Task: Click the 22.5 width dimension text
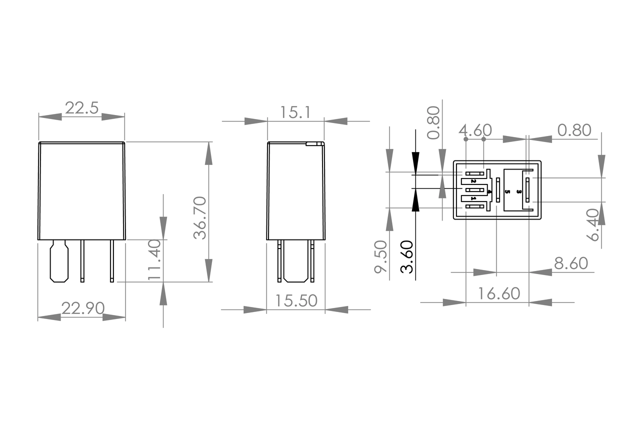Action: coord(81,108)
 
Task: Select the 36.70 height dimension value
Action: coord(200,217)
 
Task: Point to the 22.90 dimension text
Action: coord(82,308)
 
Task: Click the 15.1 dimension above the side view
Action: coord(295,112)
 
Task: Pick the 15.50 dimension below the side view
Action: coord(296,301)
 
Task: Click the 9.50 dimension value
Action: coord(381,256)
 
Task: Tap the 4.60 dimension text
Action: coord(475,130)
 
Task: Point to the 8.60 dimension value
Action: coord(570,263)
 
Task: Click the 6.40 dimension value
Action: coord(593,225)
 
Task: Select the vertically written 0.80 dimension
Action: coord(434,122)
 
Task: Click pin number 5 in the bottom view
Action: coord(507,191)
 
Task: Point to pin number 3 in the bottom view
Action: coord(518,191)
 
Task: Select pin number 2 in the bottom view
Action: coord(473,180)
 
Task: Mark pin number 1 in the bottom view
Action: coord(473,199)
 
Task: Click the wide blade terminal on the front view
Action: coord(59,260)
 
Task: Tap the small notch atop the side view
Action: coord(314,144)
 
